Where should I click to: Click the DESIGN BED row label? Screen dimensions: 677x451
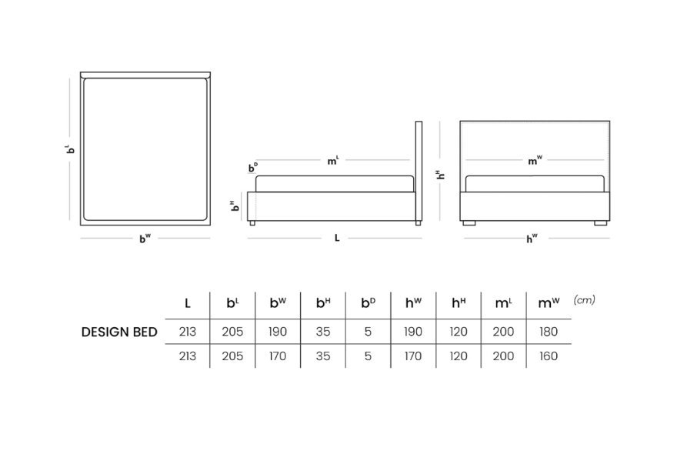pos(119,332)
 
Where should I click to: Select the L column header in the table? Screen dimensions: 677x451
pos(188,303)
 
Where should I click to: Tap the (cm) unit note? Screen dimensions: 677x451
pos(584,300)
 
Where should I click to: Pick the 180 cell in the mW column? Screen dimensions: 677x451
pos(549,332)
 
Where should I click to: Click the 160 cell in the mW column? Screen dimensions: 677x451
pos(549,356)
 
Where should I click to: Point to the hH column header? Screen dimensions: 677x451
pos(459,302)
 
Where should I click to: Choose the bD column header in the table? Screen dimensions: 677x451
pos(368,302)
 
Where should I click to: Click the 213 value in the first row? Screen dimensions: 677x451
pos(188,332)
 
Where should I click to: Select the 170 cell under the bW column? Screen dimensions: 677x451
pos(278,356)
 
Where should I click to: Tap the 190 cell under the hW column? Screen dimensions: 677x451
pos(413,332)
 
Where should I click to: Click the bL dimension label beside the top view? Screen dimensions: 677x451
pos(70,149)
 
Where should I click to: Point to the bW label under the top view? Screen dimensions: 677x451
pos(145,238)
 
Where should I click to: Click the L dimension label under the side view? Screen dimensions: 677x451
pos(337,238)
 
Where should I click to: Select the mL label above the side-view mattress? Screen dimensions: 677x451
pos(333,161)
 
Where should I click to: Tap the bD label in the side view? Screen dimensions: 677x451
pos(253,167)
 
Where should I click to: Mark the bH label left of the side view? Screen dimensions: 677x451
pos(235,205)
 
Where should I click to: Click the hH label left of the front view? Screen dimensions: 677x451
pos(440,175)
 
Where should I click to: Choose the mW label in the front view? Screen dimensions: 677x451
pos(535,161)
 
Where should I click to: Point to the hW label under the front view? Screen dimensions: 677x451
pos(532,238)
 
